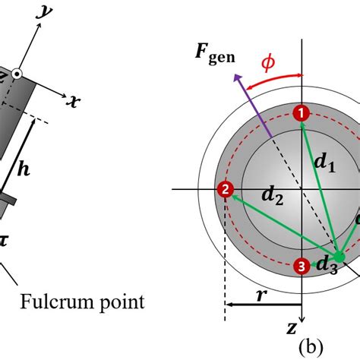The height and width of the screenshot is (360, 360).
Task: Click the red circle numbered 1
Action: pyautogui.click(x=302, y=112)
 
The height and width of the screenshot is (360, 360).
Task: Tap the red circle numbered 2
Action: pyautogui.click(x=225, y=189)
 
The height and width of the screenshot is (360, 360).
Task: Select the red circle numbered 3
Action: pyautogui.click(x=302, y=265)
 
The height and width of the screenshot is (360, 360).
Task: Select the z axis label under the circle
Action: pyautogui.click(x=292, y=327)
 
